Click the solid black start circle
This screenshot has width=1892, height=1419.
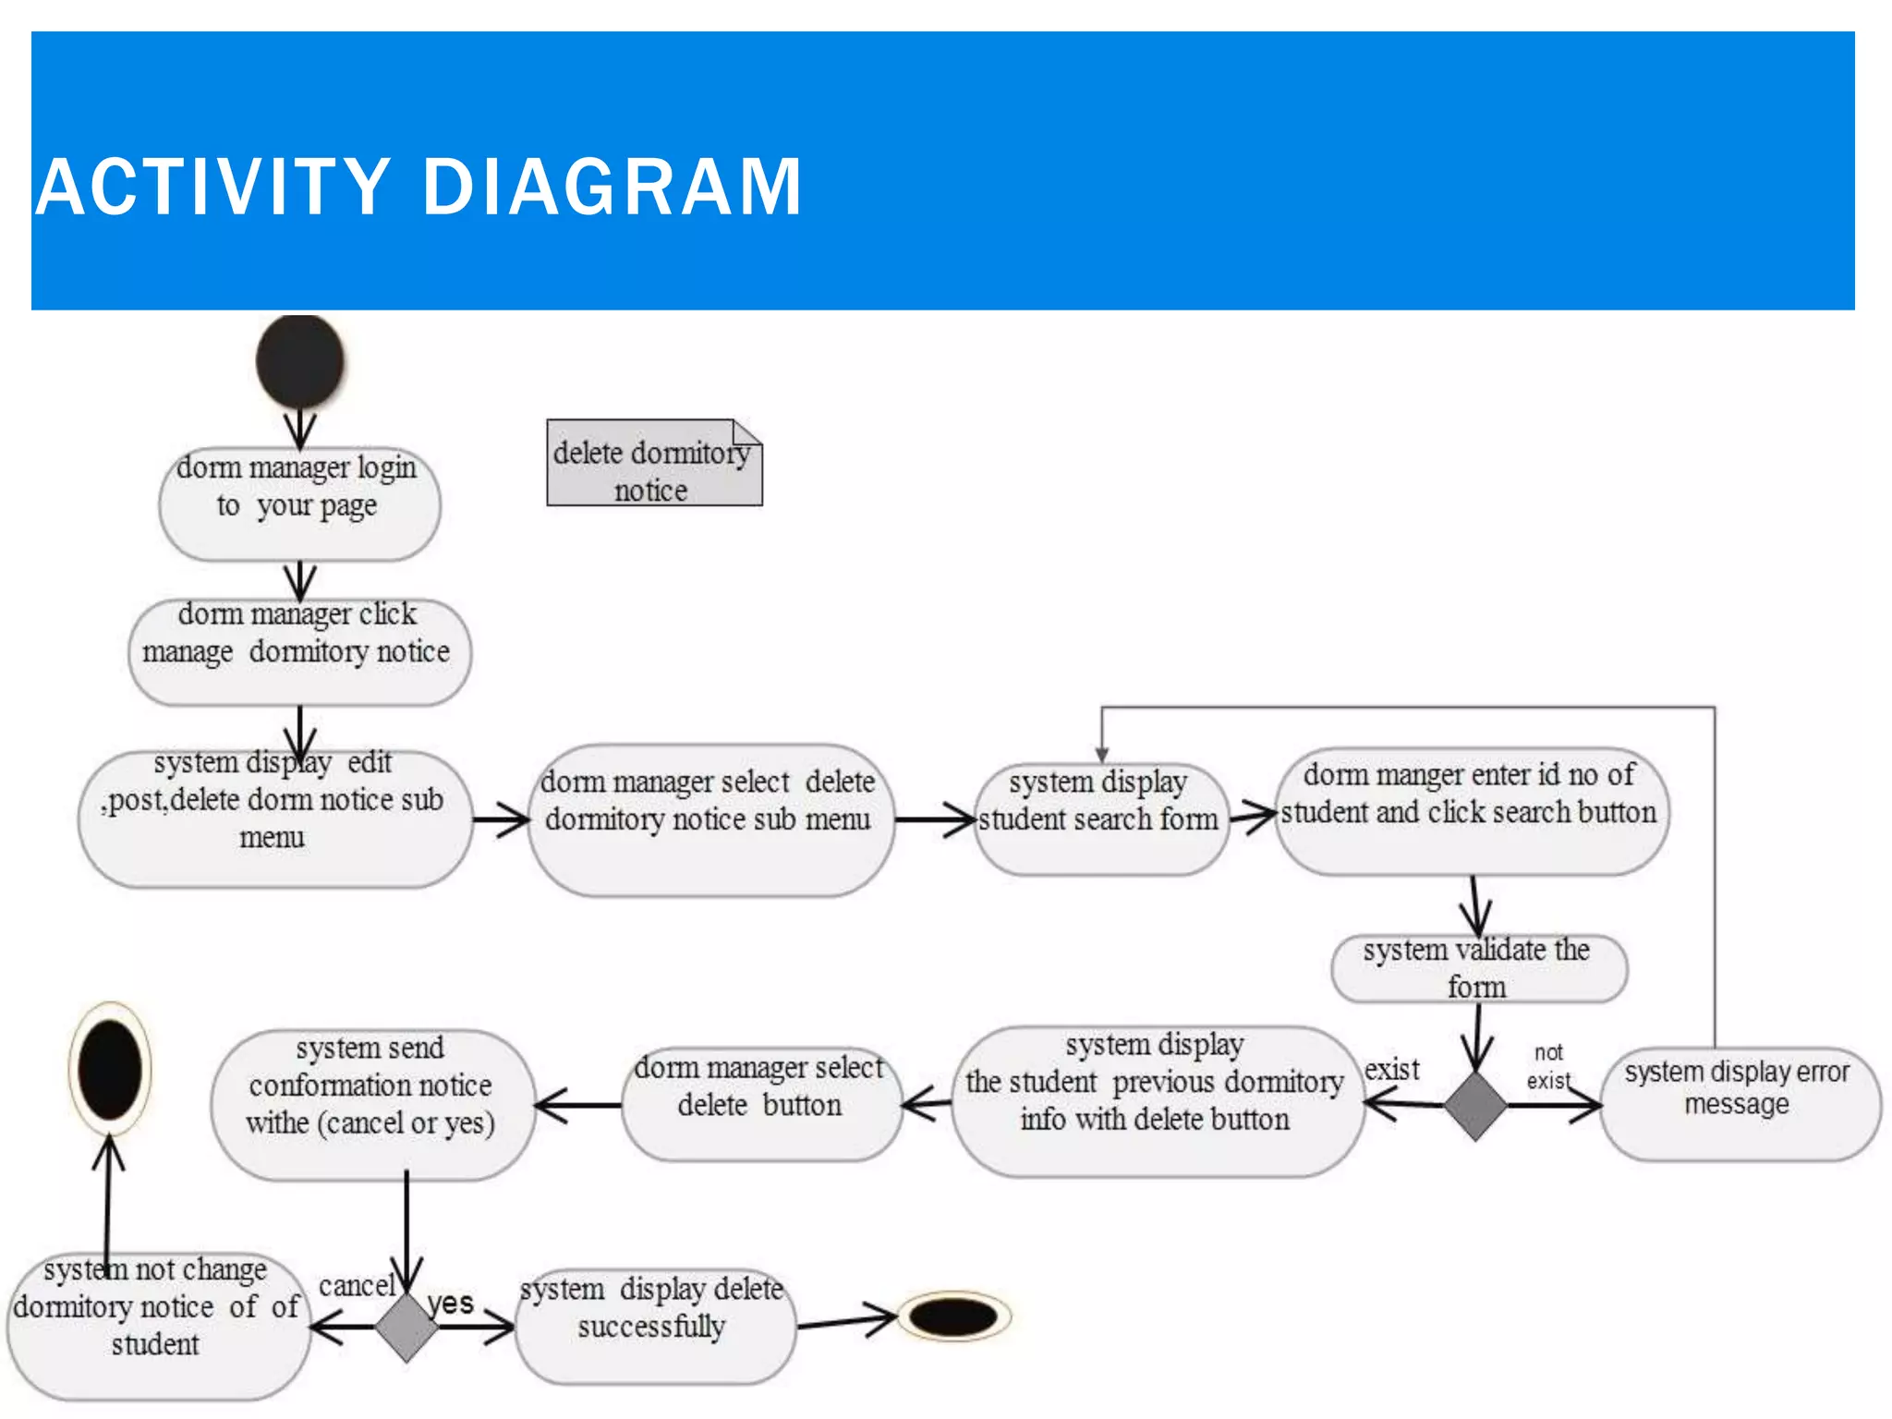pos(299,361)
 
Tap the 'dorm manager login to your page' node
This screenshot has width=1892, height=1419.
pos(299,503)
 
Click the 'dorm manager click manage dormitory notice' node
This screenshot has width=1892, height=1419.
pos(299,651)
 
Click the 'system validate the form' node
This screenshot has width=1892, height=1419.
pos(1478,968)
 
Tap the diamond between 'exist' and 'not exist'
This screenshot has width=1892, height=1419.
pos(1475,1105)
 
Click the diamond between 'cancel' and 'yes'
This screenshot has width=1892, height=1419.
pos(406,1328)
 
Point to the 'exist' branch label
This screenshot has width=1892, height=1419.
pos(1392,1070)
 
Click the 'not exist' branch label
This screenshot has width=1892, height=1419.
pos(1548,1066)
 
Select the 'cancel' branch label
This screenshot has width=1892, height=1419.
pos(357,1286)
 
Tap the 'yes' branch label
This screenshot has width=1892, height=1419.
pos(451,1304)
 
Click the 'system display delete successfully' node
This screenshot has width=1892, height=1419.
pos(654,1326)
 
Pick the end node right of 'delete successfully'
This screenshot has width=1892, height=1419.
pos(953,1316)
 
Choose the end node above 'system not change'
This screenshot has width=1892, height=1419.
pos(110,1069)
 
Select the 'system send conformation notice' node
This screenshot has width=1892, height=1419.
pos(371,1104)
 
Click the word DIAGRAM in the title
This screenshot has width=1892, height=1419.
pos(612,188)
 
